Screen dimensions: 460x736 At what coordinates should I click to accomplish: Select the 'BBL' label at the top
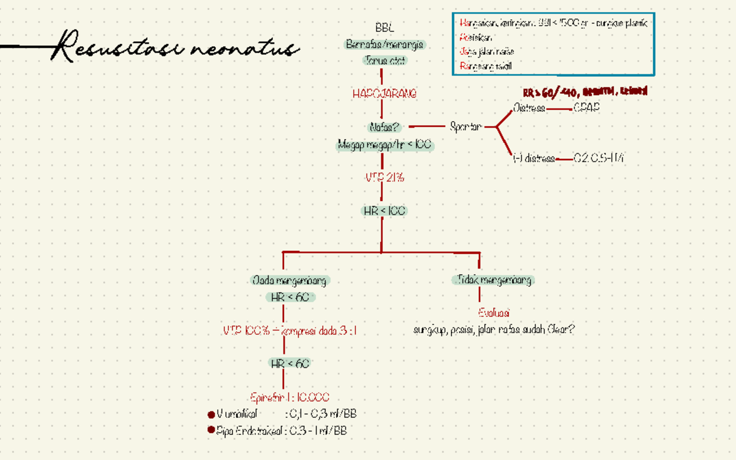pos(385,28)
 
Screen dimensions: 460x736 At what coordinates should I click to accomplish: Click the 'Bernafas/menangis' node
pos(385,45)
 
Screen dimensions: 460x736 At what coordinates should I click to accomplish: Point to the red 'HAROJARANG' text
pos(385,94)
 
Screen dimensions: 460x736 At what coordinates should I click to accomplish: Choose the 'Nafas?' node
pos(385,128)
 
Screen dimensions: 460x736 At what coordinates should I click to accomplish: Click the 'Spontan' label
pos(466,127)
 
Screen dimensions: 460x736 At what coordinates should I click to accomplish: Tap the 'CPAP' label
pos(586,109)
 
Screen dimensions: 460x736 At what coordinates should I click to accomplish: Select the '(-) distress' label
pos(534,159)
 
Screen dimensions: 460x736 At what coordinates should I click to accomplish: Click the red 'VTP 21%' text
pos(385,178)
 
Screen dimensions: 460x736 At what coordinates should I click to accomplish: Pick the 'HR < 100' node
pos(384,210)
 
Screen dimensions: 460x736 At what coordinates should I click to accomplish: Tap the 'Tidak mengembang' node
pos(493,280)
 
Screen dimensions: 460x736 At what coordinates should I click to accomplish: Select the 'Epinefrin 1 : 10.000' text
pos(290,397)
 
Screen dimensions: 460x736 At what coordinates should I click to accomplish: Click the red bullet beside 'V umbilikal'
pos(212,415)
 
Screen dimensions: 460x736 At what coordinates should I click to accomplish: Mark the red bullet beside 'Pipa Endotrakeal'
pos(212,431)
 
